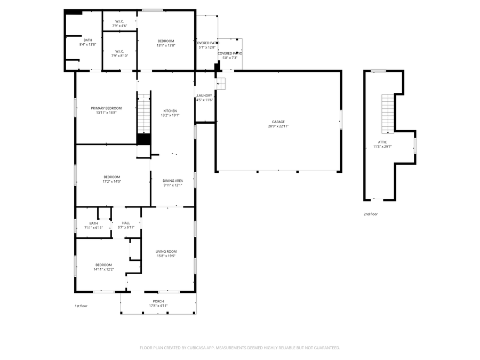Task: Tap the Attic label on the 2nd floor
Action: pos(382,142)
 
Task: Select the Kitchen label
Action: pos(170,111)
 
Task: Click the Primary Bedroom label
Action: pos(106,108)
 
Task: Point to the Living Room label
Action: pos(166,252)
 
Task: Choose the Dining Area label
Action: pos(172,181)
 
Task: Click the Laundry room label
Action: pos(204,95)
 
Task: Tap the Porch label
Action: pos(158,301)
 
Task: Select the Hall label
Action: pos(126,223)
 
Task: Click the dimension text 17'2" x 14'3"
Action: pos(112,181)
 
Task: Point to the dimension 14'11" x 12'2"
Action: pos(104,269)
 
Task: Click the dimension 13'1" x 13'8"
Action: pos(166,45)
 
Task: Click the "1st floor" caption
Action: pos(81,306)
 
